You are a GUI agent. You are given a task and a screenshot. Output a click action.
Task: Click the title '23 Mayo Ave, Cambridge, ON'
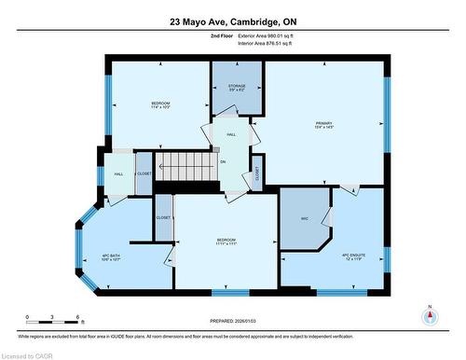click(x=232, y=21)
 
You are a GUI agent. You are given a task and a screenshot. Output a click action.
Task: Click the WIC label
click(x=304, y=219)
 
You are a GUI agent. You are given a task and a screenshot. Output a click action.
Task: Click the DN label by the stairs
click(x=222, y=162)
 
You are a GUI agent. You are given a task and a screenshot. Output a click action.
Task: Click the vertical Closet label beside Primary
click(x=257, y=173)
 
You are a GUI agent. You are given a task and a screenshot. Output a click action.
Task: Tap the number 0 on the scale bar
click(x=27, y=317)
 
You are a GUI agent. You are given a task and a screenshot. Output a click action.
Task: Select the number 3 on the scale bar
click(x=53, y=317)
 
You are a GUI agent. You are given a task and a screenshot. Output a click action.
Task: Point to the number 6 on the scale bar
click(x=79, y=317)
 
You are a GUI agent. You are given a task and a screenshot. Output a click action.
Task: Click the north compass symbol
click(x=430, y=315)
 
